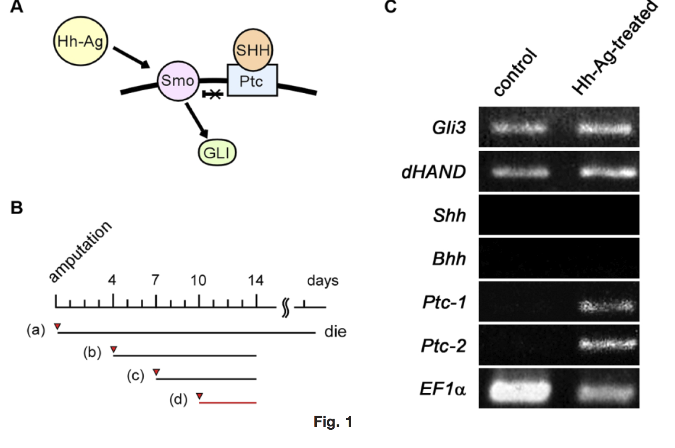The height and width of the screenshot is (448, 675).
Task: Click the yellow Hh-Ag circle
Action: [x=80, y=41]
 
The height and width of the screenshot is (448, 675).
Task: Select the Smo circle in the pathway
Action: [x=178, y=80]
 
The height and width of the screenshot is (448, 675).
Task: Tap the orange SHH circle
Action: [x=253, y=50]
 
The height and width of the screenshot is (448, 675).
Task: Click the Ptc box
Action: [x=252, y=81]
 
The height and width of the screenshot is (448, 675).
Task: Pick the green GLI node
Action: [x=217, y=153]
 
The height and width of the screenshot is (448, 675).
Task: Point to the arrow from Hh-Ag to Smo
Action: [x=131, y=57]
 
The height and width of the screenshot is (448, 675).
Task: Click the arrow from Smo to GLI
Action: [x=197, y=120]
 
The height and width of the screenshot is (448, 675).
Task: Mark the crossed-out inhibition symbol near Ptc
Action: [x=213, y=95]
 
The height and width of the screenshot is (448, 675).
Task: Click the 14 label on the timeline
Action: [x=256, y=281]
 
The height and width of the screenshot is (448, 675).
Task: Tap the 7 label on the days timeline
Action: [x=155, y=281]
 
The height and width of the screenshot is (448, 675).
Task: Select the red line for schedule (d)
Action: [x=228, y=402]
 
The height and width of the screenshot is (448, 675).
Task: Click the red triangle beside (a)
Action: [x=58, y=327]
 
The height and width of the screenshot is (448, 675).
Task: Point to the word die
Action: [x=335, y=332]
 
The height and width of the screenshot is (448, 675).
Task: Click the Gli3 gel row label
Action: [x=449, y=127]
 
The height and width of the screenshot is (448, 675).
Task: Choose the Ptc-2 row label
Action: [x=444, y=346]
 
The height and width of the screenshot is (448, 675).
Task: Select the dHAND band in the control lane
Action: [x=520, y=172]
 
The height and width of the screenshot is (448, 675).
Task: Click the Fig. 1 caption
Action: [x=333, y=422]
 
